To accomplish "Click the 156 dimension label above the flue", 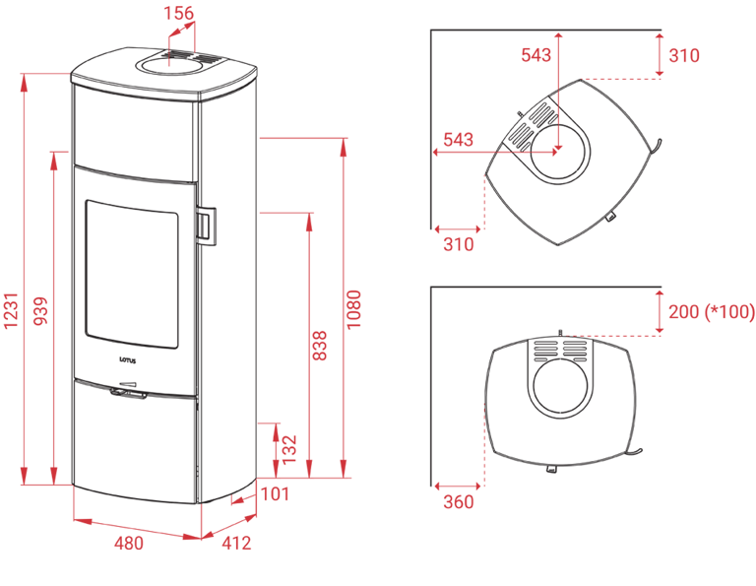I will (x=179, y=14).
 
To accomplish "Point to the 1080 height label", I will (x=355, y=308).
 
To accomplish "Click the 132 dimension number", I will (x=288, y=448).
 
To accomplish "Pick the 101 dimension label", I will (x=276, y=495).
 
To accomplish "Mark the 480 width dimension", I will (x=127, y=543).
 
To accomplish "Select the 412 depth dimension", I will (x=237, y=543).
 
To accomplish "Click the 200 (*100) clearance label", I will (x=711, y=312).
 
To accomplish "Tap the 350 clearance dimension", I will (x=459, y=502).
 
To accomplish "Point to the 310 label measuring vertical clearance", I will (x=683, y=55).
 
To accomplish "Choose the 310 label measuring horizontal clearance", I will (x=459, y=244).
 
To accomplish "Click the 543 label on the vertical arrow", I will (x=535, y=55).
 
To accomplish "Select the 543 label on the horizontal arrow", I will (x=459, y=140).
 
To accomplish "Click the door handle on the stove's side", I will (x=209, y=224).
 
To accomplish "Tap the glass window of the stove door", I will (x=130, y=274).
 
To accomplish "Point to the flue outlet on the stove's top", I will (x=172, y=65).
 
